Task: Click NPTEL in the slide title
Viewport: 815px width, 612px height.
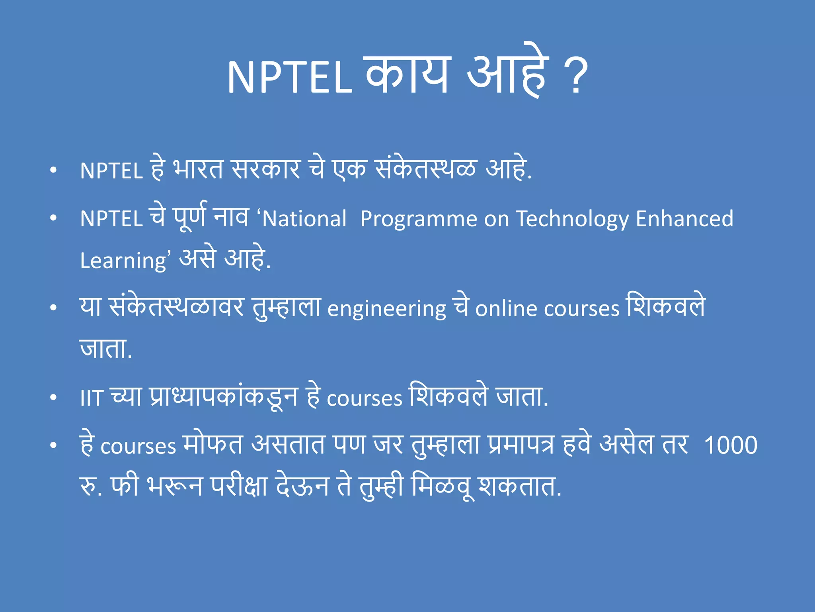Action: tap(289, 77)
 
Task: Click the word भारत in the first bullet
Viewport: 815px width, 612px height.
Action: tap(198, 169)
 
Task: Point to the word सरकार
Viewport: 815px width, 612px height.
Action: tap(266, 169)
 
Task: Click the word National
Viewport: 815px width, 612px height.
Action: tap(304, 219)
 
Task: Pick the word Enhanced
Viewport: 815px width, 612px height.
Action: tap(684, 219)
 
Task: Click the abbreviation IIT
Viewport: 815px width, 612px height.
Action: tap(92, 398)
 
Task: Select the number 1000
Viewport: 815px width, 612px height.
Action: tap(731, 445)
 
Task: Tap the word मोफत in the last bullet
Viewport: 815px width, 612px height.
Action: tap(213, 444)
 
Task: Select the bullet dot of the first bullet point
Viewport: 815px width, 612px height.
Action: tap(53, 170)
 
